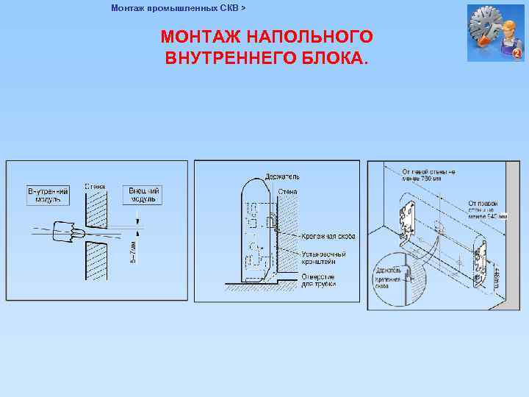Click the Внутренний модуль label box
point(48,195)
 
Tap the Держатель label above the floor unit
point(282,177)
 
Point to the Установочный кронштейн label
point(323,257)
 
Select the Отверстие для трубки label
point(319,280)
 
